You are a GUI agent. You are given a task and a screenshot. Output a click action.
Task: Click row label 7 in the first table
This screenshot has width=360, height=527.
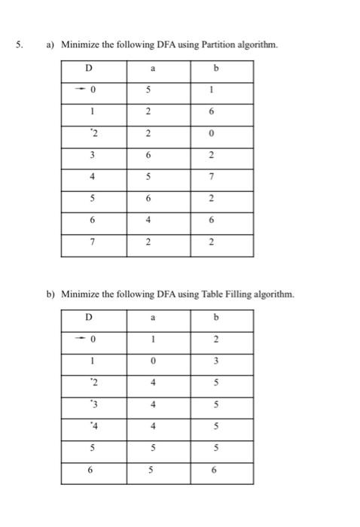(x=93, y=242)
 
